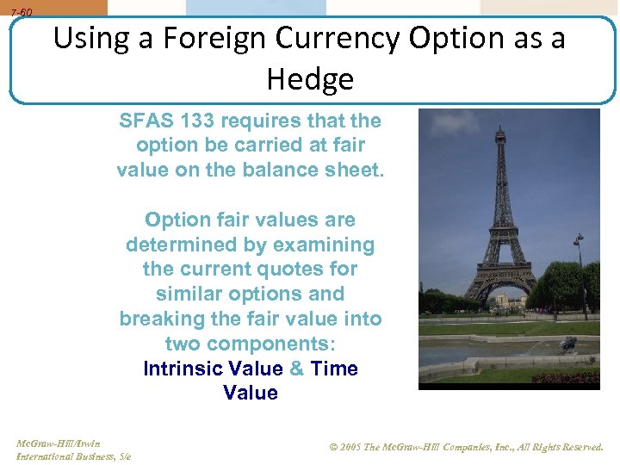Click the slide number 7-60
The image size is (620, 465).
click(x=22, y=13)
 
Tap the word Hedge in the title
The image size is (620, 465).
click(x=310, y=79)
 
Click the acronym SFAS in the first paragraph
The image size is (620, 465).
click(x=146, y=121)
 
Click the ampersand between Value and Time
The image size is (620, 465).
click(x=296, y=369)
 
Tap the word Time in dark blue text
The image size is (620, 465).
click(x=334, y=369)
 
